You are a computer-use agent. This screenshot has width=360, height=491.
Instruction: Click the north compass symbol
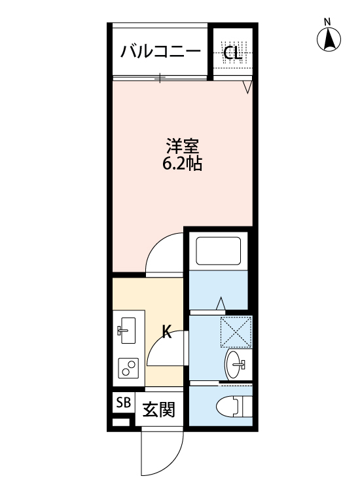tap(330, 41)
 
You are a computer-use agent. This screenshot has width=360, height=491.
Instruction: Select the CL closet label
tap(233, 53)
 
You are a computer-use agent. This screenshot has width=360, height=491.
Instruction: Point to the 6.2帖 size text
tap(182, 164)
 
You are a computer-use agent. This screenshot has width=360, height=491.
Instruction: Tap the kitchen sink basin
tap(128, 330)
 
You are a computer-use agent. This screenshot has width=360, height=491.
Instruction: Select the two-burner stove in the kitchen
tap(128, 369)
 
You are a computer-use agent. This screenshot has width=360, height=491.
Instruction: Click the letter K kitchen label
tap(166, 333)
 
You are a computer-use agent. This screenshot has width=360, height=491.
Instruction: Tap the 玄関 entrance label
tap(158, 410)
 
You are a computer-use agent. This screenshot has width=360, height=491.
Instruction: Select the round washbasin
tap(235, 363)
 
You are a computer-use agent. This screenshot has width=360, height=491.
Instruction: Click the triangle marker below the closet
tap(247, 86)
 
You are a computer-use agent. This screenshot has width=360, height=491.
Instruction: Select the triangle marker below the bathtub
tap(221, 303)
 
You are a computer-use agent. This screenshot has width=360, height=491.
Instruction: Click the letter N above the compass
tap(329, 22)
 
